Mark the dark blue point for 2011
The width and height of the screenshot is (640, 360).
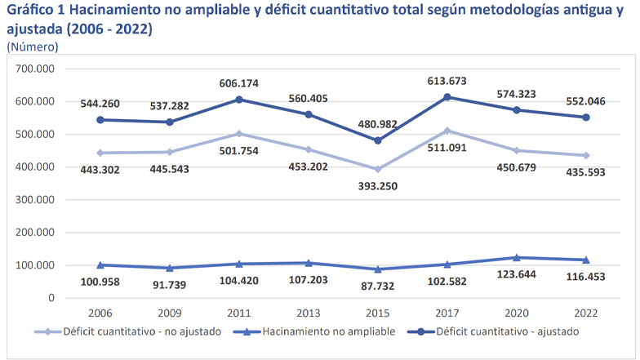click(x=239, y=100)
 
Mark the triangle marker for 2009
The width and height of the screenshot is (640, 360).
click(x=170, y=268)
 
